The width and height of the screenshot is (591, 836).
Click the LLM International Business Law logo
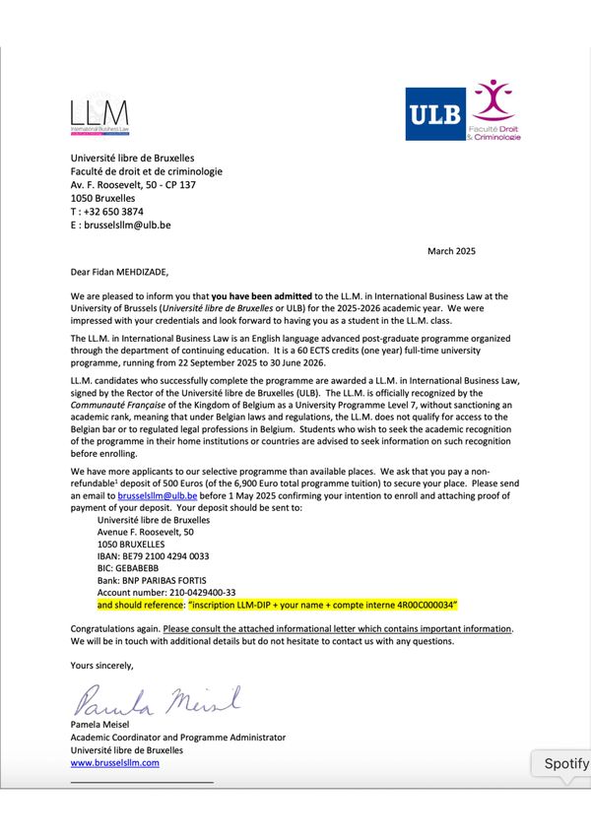pos(98,116)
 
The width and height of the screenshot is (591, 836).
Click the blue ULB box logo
pos(437,114)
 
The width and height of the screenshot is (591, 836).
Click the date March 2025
pos(451,252)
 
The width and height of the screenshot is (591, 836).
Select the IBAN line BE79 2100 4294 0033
pos(153,554)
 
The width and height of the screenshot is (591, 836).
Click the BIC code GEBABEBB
pos(139,568)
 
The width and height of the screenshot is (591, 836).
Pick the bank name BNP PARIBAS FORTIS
pos(152,581)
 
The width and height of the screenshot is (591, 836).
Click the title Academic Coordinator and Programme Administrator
pos(177,737)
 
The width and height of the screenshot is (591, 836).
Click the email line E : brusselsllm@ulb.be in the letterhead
pos(120,225)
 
